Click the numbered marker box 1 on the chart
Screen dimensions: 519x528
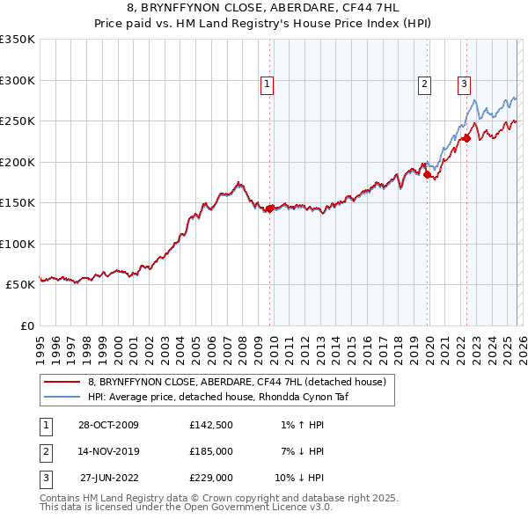267,84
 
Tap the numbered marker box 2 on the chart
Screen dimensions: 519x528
424,84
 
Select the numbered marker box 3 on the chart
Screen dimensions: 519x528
464,84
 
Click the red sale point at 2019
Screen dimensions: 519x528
428,175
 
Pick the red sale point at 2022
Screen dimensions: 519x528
467,139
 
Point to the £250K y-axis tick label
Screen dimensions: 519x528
18,121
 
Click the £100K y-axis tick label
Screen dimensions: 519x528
18,244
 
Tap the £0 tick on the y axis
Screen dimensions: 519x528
28,325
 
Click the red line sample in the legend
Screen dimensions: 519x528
62,382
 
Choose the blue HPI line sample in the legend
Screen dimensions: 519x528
62,397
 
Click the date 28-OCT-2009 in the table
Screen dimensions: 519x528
108,425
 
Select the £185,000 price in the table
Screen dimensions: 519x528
210,451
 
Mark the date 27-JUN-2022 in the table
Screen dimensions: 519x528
109,478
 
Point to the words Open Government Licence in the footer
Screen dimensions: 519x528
238,508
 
